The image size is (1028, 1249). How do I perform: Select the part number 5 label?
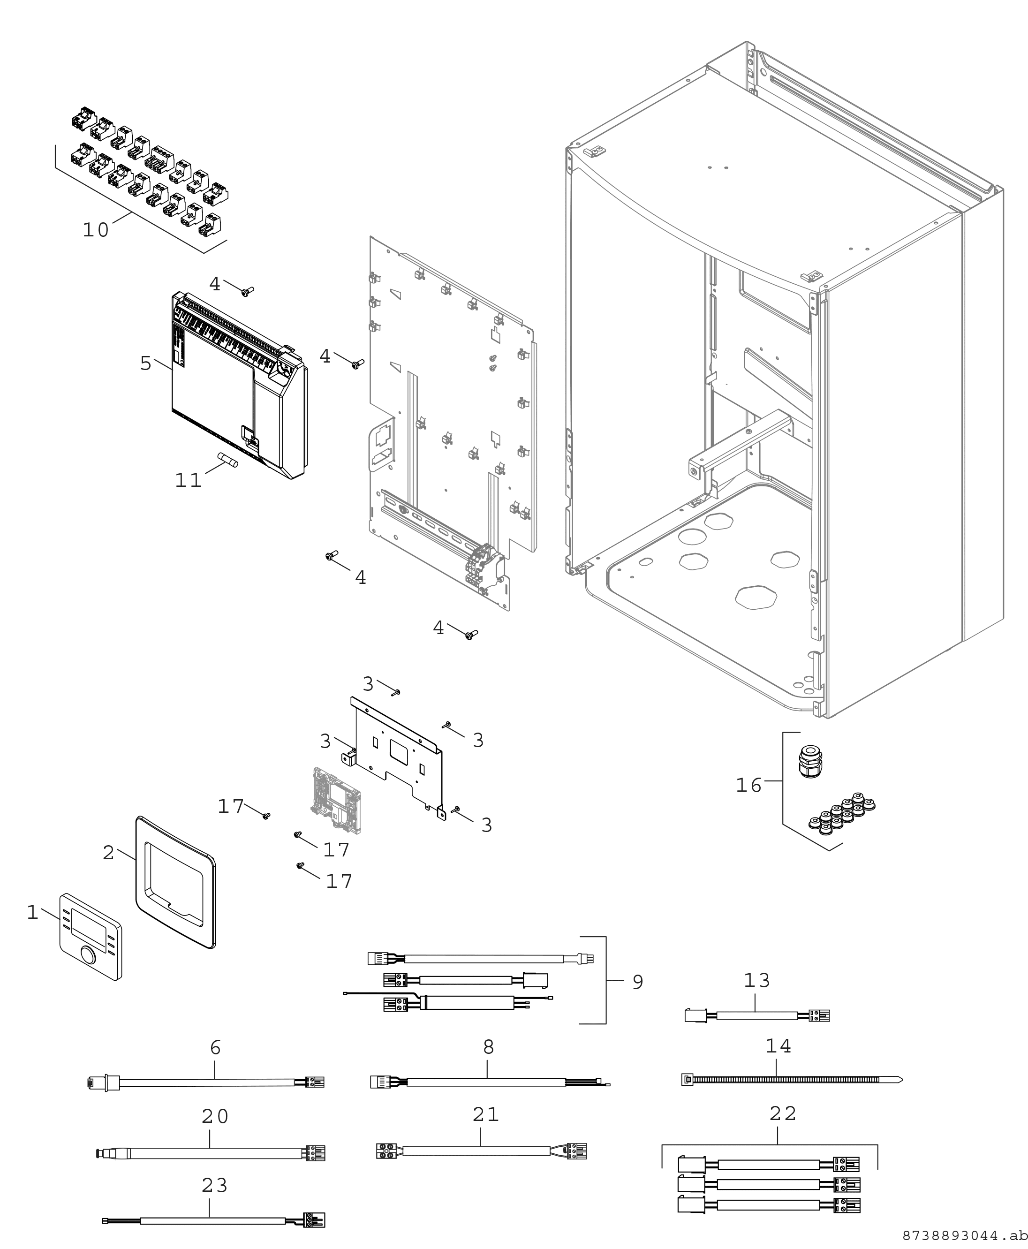click(146, 363)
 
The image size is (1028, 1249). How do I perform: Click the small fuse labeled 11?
click(228, 460)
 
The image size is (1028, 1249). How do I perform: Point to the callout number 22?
click(783, 1114)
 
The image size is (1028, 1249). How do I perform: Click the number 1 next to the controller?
click(32, 912)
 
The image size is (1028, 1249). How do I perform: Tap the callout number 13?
click(757, 980)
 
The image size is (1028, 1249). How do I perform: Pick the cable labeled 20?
click(210, 1153)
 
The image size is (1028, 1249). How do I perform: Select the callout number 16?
click(748, 785)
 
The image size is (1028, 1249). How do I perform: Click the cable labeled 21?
click(481, 1151)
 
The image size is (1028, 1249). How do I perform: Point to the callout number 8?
click(488, 1046)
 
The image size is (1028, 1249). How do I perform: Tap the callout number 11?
click(189, 480)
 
